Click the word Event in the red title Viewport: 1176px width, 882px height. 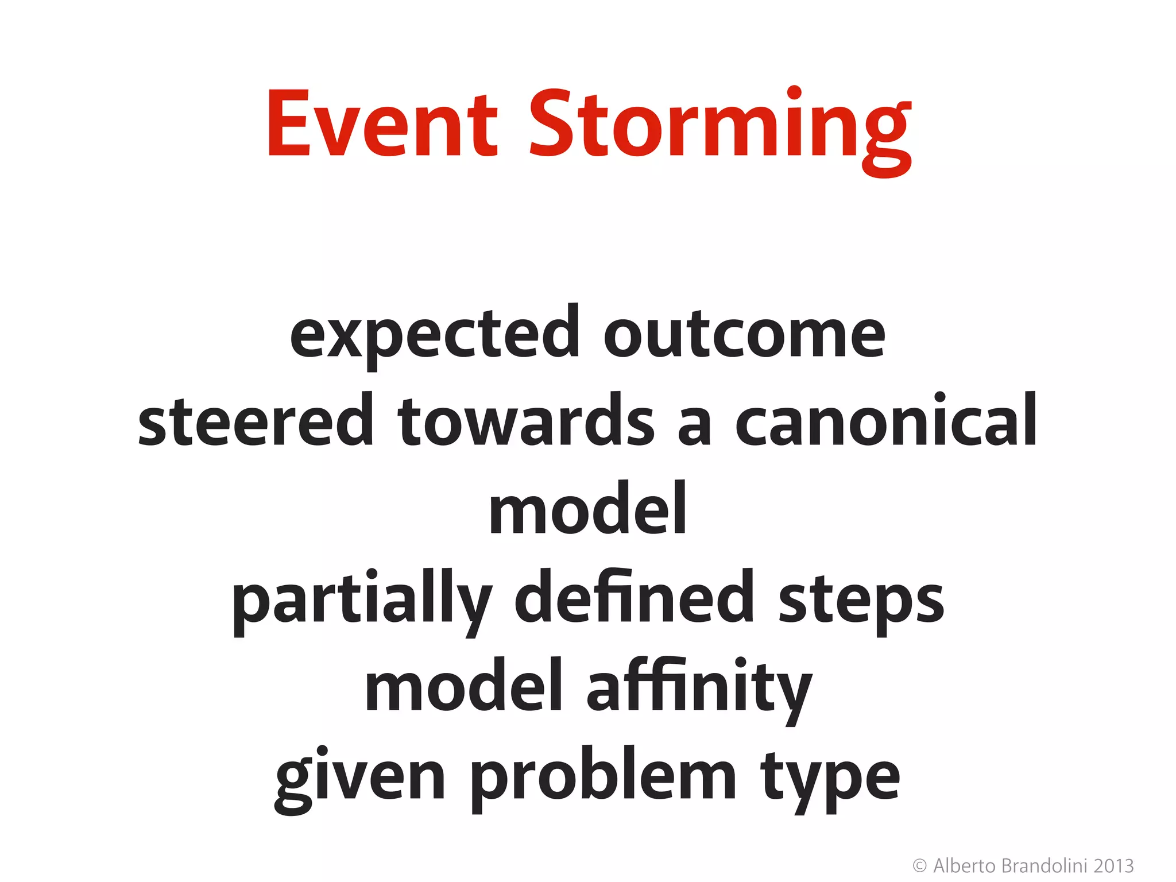click(x=381, y=123)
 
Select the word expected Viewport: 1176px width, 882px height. click(x=435, y=336)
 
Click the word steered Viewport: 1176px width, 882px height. click(x=256, y=422)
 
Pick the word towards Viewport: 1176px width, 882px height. click(x=526, y=422)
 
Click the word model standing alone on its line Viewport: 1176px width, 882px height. click(x=587, y=509)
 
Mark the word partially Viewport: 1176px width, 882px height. click(x=362, y=600)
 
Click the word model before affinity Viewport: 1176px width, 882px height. click(x=463, y=686)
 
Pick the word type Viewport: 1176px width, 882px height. click(x=830, y=779)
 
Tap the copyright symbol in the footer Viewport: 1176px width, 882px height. click(x=919, y=865)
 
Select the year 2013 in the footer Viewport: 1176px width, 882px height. click(x=1113, y=865)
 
